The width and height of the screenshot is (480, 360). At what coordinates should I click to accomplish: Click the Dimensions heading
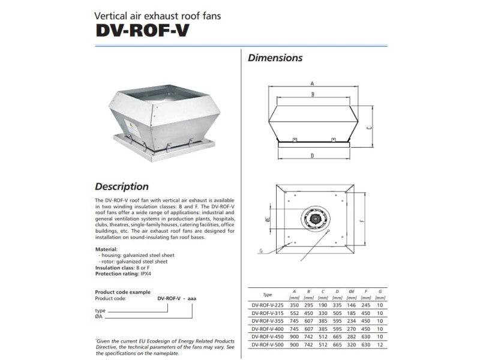click(275, 58)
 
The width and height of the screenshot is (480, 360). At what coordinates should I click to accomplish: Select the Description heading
click(122, 187)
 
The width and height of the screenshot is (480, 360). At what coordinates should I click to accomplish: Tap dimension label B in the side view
click(313, 95)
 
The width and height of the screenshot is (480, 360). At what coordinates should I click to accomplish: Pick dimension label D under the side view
click(313, 156)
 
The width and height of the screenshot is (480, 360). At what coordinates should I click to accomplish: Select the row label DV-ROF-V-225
click(268, 304)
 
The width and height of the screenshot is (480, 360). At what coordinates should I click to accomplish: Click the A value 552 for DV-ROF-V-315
click(295, 313)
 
